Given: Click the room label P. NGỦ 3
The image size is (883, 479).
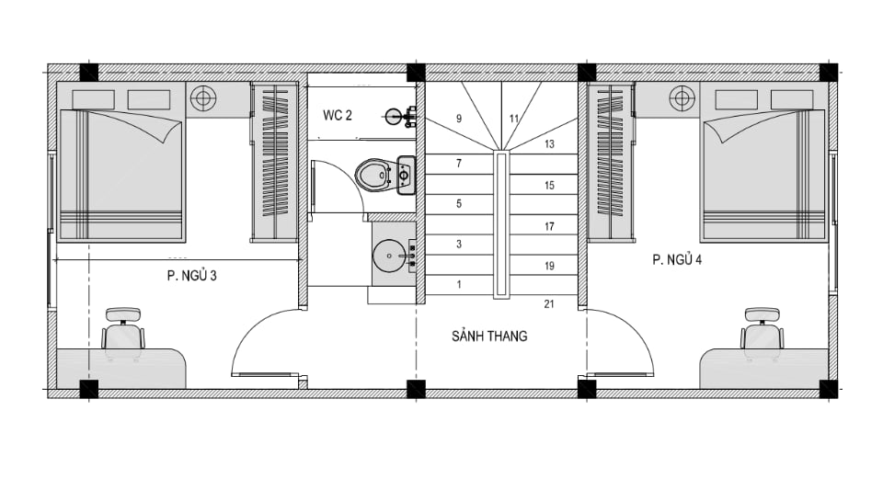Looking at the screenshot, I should click(191, 275).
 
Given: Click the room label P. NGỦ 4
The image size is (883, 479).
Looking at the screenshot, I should click(677, 260).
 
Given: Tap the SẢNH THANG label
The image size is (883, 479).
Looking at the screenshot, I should click(489, 336).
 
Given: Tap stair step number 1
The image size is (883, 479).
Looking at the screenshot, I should click(458, 285).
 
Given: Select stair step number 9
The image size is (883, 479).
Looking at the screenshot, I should click(458, 119).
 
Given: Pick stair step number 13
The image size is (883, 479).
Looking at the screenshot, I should click(549, 144).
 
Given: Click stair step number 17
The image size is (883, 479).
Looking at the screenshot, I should click(549, 226).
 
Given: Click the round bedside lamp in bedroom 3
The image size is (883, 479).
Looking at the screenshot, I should click(203, 97).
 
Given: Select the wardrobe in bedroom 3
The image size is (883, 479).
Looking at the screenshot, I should click(275, 163).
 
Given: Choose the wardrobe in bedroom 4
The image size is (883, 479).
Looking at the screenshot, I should click(609, 163).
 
